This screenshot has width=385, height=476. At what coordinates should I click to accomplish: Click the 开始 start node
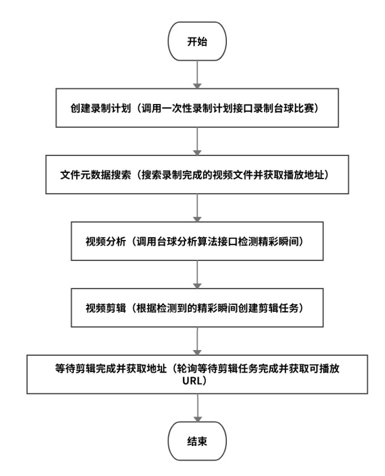(x=197, y=41)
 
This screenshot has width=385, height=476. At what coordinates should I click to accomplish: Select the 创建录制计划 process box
(x=197, y=108)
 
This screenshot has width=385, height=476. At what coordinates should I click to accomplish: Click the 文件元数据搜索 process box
(x=197, y=174)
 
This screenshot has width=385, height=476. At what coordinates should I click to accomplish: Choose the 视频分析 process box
(x=197, y=241)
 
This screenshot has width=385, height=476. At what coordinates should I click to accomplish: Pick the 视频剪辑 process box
(x=197, y=308)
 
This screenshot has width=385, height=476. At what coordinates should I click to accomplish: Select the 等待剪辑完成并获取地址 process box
(x=197, y=374)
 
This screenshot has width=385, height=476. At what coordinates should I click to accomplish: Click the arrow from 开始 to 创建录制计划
(x=197, y=74)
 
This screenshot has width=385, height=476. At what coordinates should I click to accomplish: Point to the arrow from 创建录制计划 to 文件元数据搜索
(x=197, y=141)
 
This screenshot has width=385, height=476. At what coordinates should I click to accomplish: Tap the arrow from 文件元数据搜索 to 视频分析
(x=197, y=208)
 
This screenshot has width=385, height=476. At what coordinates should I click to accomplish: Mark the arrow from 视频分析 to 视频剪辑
(x=197, y=274)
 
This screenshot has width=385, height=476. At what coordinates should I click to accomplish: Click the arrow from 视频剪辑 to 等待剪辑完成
(x=197, y=341)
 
